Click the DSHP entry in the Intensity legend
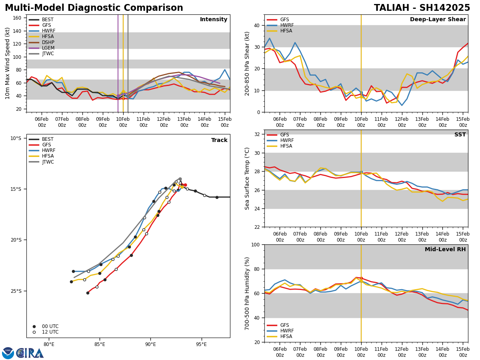[x=48, y=42]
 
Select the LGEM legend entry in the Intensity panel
[x=48, y=48]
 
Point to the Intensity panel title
[x=214, y=20]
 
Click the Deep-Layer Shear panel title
[x=438, y=20]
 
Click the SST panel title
[x=460, y=135]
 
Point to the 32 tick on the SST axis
[x=257, y=134]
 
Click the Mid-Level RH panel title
[x=445, y=250]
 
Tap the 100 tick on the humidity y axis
[x=256, y=244]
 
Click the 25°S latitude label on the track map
[x=16, y=291]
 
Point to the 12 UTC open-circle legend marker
[x=34, y=332]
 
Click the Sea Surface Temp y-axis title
[x=248, y=178]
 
